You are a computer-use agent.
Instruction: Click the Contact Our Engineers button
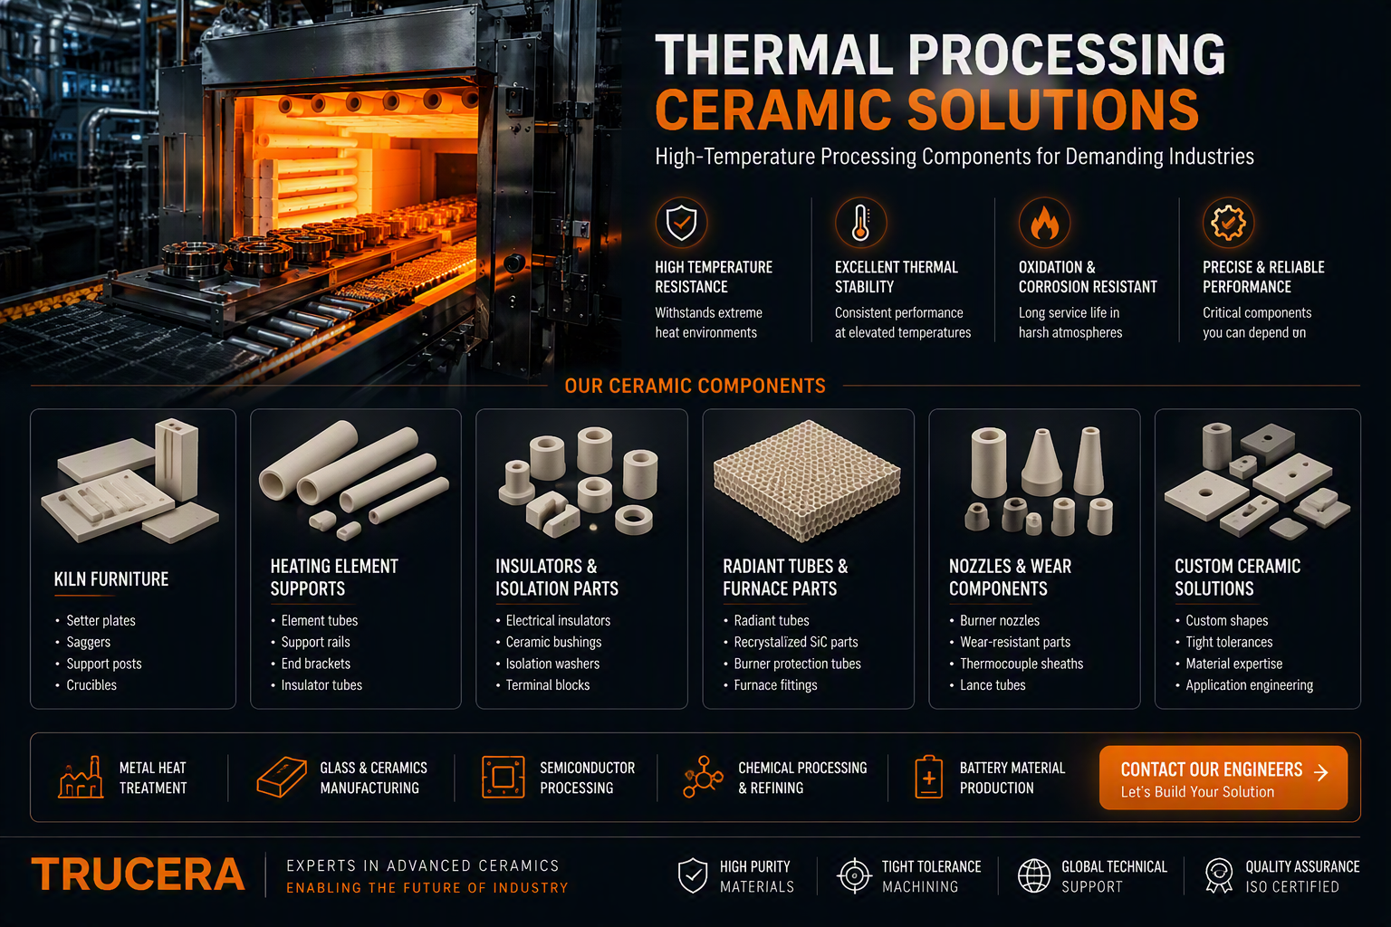click(x=1223, y=778)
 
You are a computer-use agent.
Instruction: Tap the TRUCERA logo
click(x=138, y=874)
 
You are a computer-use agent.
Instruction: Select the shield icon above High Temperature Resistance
click(x=681, y=223)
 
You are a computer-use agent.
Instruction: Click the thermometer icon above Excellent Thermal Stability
click(x=860, y=223)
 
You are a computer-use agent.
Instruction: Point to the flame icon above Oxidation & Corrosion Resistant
click(x=1044, y=223)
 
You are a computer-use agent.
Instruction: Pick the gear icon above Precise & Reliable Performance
click(x=1228, y=223)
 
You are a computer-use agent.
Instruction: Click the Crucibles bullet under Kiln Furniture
click(x=91, y=685)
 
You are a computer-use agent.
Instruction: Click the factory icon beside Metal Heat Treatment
click(x=82, y=777)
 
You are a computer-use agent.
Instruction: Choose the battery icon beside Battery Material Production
click(x=929, y=777)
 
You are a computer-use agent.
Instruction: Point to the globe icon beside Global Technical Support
click(x=1034, y=875)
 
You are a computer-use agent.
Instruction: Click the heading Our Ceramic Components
click(x=695, y=386)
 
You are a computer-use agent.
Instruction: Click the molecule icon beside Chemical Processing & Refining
click(x=703, y=777)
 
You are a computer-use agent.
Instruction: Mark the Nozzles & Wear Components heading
click(x=1010, y=577)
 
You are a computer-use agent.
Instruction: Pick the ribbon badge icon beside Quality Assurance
click(x=1218, y=875)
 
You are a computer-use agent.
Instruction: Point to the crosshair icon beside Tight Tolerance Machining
click(x=855, y=875)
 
